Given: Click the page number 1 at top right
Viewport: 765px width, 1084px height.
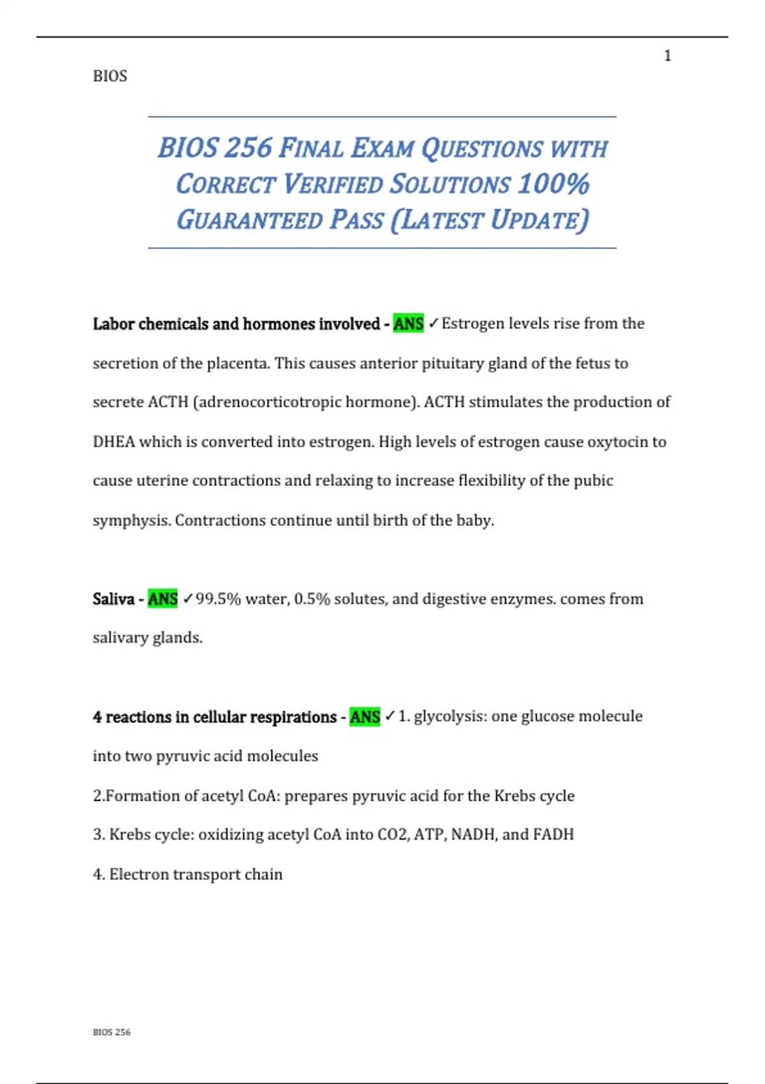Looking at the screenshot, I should coord(667,56).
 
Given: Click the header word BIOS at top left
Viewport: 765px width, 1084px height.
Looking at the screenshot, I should coord(110,76).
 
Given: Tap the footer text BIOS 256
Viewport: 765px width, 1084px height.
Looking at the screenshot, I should coord(112,1032).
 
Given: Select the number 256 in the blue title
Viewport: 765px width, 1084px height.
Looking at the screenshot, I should coord(248,148).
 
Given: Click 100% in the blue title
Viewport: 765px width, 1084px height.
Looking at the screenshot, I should coord(553,184).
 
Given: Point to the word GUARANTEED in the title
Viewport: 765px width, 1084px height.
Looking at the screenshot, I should coord(250,220).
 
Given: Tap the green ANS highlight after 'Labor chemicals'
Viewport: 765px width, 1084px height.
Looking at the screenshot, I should coord(408,324).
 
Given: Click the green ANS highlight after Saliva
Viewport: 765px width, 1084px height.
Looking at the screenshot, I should coord(163,599).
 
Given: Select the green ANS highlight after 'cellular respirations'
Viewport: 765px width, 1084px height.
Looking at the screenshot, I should coord(365,717).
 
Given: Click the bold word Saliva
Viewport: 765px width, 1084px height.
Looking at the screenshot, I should coord(113,599).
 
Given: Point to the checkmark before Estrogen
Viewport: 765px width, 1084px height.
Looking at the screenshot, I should coord(433,324).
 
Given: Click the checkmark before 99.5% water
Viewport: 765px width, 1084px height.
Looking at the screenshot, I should coord(187,599).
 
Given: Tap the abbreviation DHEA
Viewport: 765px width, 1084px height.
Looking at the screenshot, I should coord(113,442).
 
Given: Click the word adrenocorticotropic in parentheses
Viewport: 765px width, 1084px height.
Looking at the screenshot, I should coord(268,402).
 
